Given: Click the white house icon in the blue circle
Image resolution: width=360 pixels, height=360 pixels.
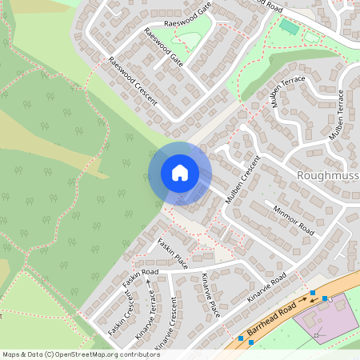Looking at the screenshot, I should (x=179, y=173).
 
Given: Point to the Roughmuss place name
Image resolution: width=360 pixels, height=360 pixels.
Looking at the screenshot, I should (x=328, y=174).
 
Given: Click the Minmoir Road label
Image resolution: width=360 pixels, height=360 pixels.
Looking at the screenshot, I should (x=294, y=216).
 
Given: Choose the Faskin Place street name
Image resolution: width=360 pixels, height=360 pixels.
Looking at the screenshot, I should (x=172, y=253).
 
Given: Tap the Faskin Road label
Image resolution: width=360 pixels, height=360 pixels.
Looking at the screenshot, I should (x=141, y=278).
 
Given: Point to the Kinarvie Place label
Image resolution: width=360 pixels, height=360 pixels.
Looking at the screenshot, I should (x=210, y=293).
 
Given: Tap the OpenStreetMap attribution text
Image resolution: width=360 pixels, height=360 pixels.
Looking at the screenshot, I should (x=81, y=354).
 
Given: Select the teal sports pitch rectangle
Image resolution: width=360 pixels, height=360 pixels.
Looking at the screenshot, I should (x=288, y=26).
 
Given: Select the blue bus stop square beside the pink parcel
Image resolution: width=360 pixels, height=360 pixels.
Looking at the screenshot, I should (x=326, y=298).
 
